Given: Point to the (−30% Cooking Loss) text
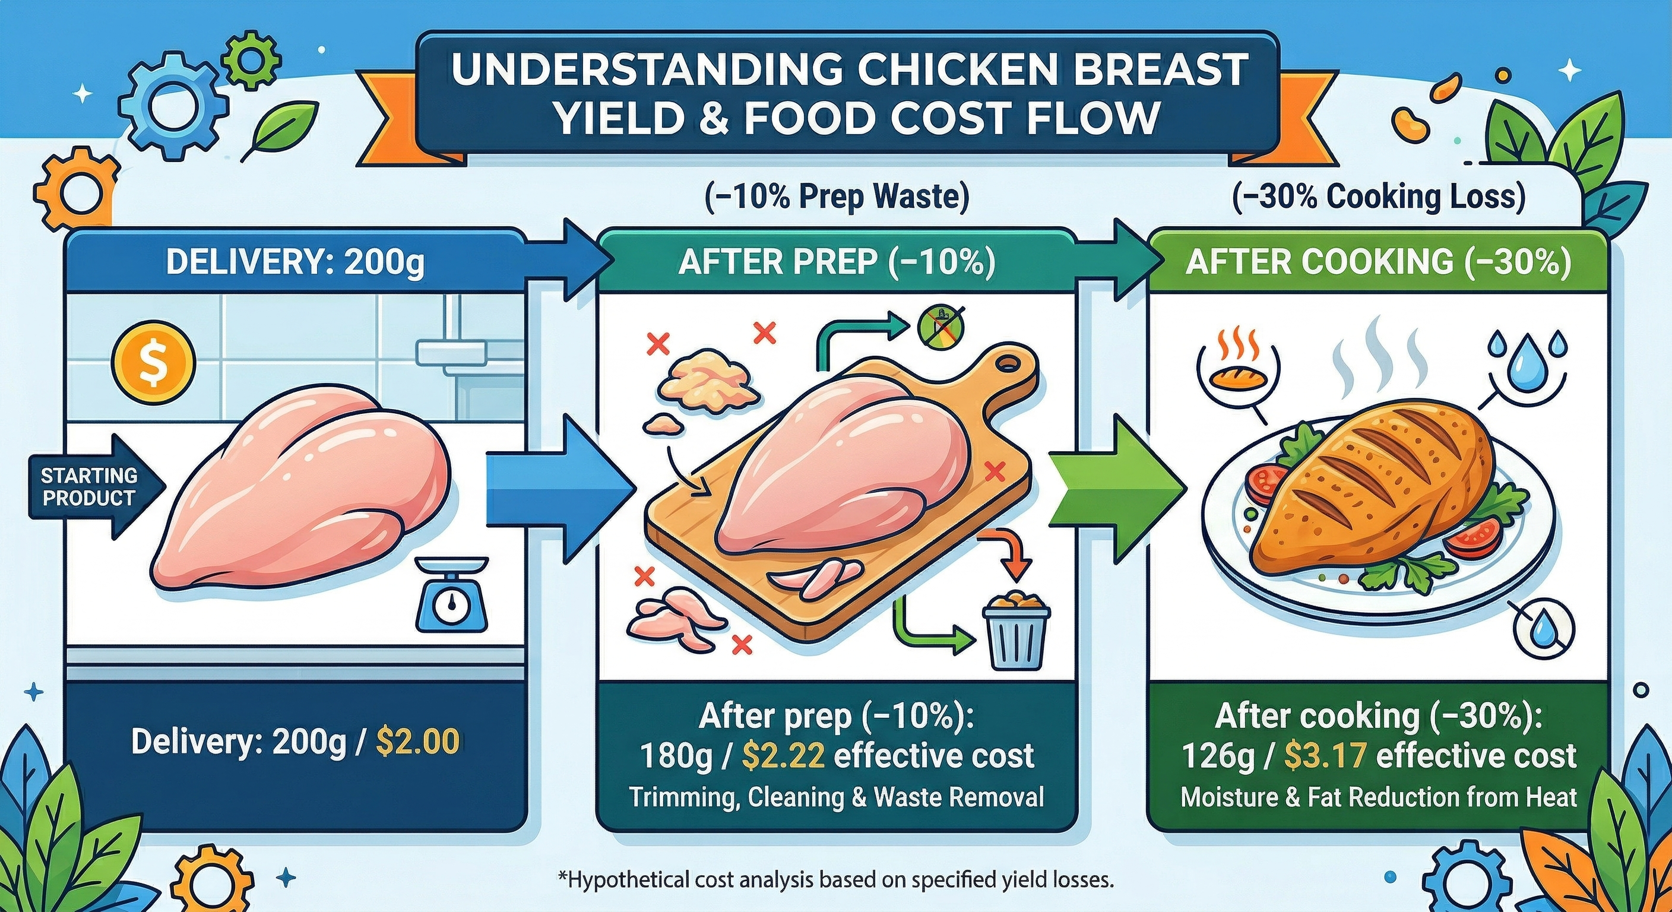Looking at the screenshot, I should coord(1379,197).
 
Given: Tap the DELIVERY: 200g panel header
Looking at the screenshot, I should coord(295,262).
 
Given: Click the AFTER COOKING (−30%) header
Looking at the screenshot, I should coord(1379,262).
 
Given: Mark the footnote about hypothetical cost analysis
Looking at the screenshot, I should coord(836,881).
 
